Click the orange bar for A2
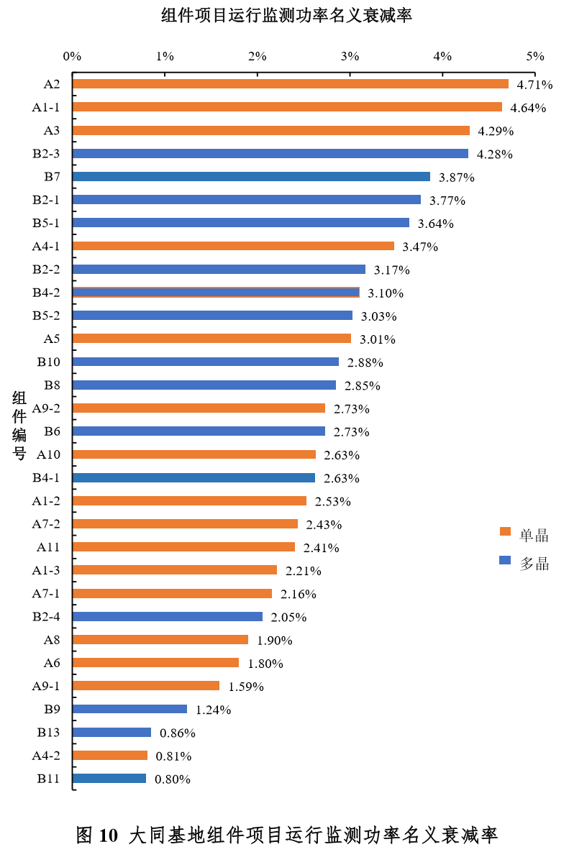point(291,84)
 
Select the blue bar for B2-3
point(270,153)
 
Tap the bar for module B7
point(251,176)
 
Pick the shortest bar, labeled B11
point(109,778)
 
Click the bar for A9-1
point(146,685)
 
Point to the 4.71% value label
point(534,85)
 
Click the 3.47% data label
point(420,247)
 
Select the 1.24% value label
point(213,710)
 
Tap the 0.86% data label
point(178,733)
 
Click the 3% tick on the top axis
point(350,56)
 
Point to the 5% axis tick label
point(535,56)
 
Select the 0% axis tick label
point(72,56)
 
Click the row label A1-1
point(46,107)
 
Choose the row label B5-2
point(46,316)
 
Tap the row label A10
point(48,454)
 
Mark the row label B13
point(48,733)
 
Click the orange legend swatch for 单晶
point(505,532)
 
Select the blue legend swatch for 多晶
point(505,560)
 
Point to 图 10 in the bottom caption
point(96,835)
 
